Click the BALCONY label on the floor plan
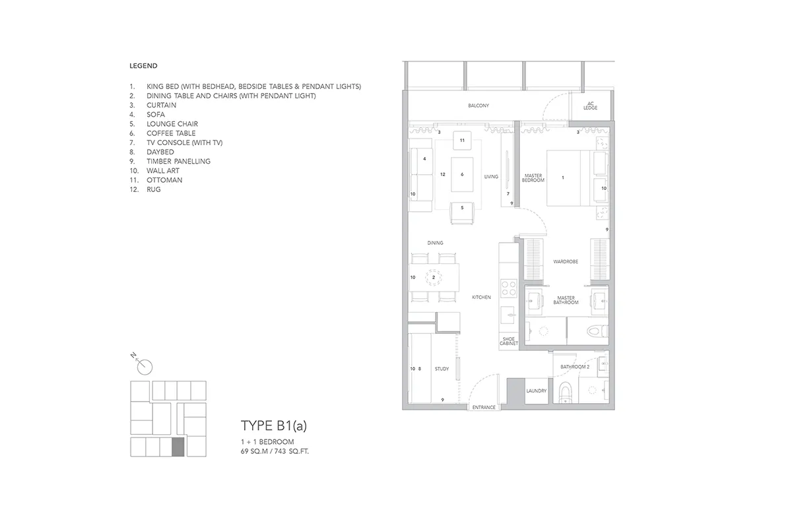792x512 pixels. click(478, 106)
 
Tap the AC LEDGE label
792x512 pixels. click(590, 106)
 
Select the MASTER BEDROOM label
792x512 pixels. click(533, 177)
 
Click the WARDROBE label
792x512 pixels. click(566, 261)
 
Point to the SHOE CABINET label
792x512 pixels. click(509, 341)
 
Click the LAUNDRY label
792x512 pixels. click(537, 391)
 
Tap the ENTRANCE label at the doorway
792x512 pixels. click(484, 407)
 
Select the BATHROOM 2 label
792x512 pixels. click(575, 367)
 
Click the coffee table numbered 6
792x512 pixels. click(462, 175)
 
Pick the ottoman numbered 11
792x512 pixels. click(462, 141)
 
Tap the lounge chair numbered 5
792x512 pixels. click(462, 213)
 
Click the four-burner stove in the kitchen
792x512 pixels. click(509, 288)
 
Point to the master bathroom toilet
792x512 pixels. click(597, 331)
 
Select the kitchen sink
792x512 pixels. click(509, 315)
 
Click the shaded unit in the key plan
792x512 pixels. click(178, 447)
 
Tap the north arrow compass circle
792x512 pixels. click(145, 368)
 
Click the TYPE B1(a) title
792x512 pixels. click(274, 426)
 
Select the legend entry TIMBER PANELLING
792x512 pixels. click(179, 162)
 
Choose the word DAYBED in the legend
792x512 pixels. click(160, 152)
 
